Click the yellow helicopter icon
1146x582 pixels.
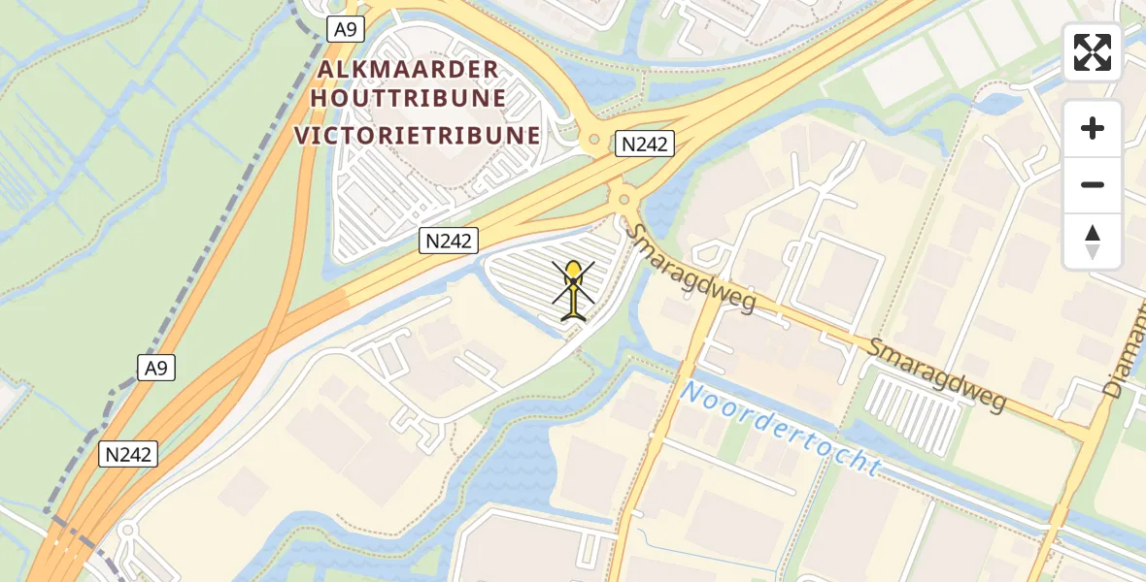click(574, 288)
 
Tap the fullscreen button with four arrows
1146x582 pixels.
click(1093, 52)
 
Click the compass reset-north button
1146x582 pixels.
click(1093, 242)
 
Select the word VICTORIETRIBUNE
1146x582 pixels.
click(418, 135)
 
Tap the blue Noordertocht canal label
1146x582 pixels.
click(781, 430)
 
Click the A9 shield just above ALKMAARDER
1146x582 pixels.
click(345, 29)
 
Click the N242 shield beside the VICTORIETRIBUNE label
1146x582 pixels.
click(645, 145)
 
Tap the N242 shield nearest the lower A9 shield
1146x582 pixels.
click(129, 454)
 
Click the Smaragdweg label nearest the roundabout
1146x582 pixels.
click(690, 269)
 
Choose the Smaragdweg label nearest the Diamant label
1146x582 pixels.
click(937, 374)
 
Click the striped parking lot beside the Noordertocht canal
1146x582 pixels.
click(913, 412)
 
